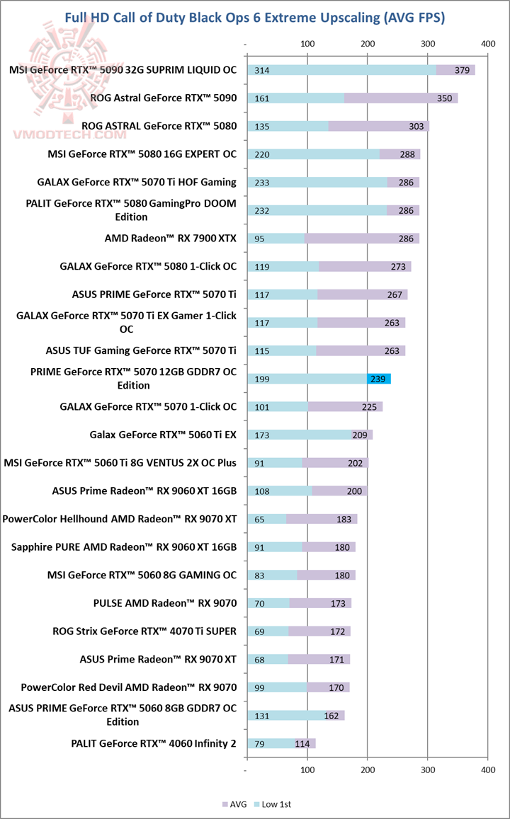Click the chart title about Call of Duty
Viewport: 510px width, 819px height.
tap(255, 18)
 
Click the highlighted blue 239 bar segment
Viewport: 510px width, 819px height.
tap(378, 379)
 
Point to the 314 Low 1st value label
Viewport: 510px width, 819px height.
tap(261, 70)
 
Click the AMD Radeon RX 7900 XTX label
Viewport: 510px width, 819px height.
tap(170, 239)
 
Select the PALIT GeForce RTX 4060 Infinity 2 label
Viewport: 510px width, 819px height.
tap(154, 743)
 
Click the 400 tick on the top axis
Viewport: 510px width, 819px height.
tap(487, 44)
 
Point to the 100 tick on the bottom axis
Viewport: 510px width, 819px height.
tap(307, 769)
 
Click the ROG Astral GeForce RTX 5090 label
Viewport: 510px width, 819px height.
tap(163, 98)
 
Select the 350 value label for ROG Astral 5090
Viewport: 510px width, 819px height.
tap(444, 98)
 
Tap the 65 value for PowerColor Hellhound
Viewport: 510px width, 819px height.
tap(260, 519)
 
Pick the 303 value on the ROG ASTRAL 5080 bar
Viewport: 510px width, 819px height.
tap(416, 126)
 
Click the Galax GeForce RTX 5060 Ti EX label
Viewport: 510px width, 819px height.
tap(163, 435)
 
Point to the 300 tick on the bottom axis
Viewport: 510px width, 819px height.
tap(428, 769)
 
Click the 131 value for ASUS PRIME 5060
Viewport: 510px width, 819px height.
tap(261, 716)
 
